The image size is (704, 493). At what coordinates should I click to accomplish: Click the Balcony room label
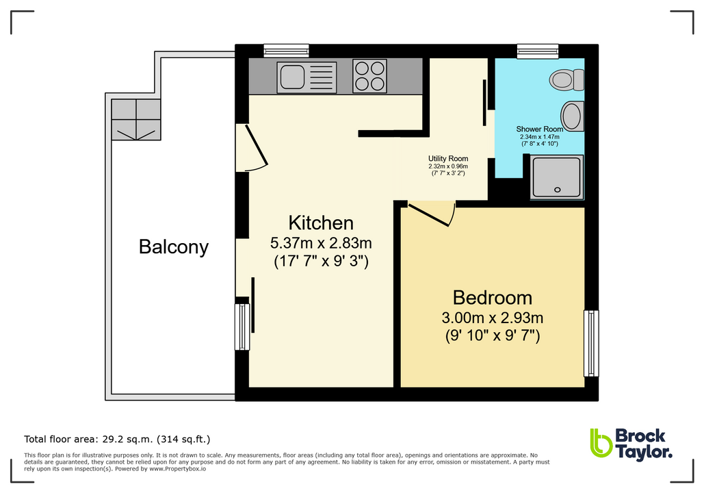click(173, 246)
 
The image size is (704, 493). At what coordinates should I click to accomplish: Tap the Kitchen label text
click(320, 223)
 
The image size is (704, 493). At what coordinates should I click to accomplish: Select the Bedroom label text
click(492, 298)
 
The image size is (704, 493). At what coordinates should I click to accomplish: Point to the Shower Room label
click(539, 129)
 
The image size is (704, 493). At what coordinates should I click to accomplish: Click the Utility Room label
click(448, 158)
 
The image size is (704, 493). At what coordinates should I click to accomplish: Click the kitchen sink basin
click(291, 77)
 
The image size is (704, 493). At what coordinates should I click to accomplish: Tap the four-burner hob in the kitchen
click(369, 76)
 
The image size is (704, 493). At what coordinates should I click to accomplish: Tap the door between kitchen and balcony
click(251, 147)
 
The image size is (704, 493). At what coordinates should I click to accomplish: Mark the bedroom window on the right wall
click(590, 343)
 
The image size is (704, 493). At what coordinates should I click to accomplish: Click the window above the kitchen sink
click(286, 50)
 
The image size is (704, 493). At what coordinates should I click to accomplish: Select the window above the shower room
click(538, 50)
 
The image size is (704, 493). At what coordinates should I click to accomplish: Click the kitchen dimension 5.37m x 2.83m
click(320, 242)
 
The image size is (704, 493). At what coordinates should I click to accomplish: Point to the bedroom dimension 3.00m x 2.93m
click(492, 318)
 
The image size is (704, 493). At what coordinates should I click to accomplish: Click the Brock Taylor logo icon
click(600, 443)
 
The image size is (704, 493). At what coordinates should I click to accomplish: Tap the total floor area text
click(117, 439)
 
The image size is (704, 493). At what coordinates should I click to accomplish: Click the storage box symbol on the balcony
click(135, 119)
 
